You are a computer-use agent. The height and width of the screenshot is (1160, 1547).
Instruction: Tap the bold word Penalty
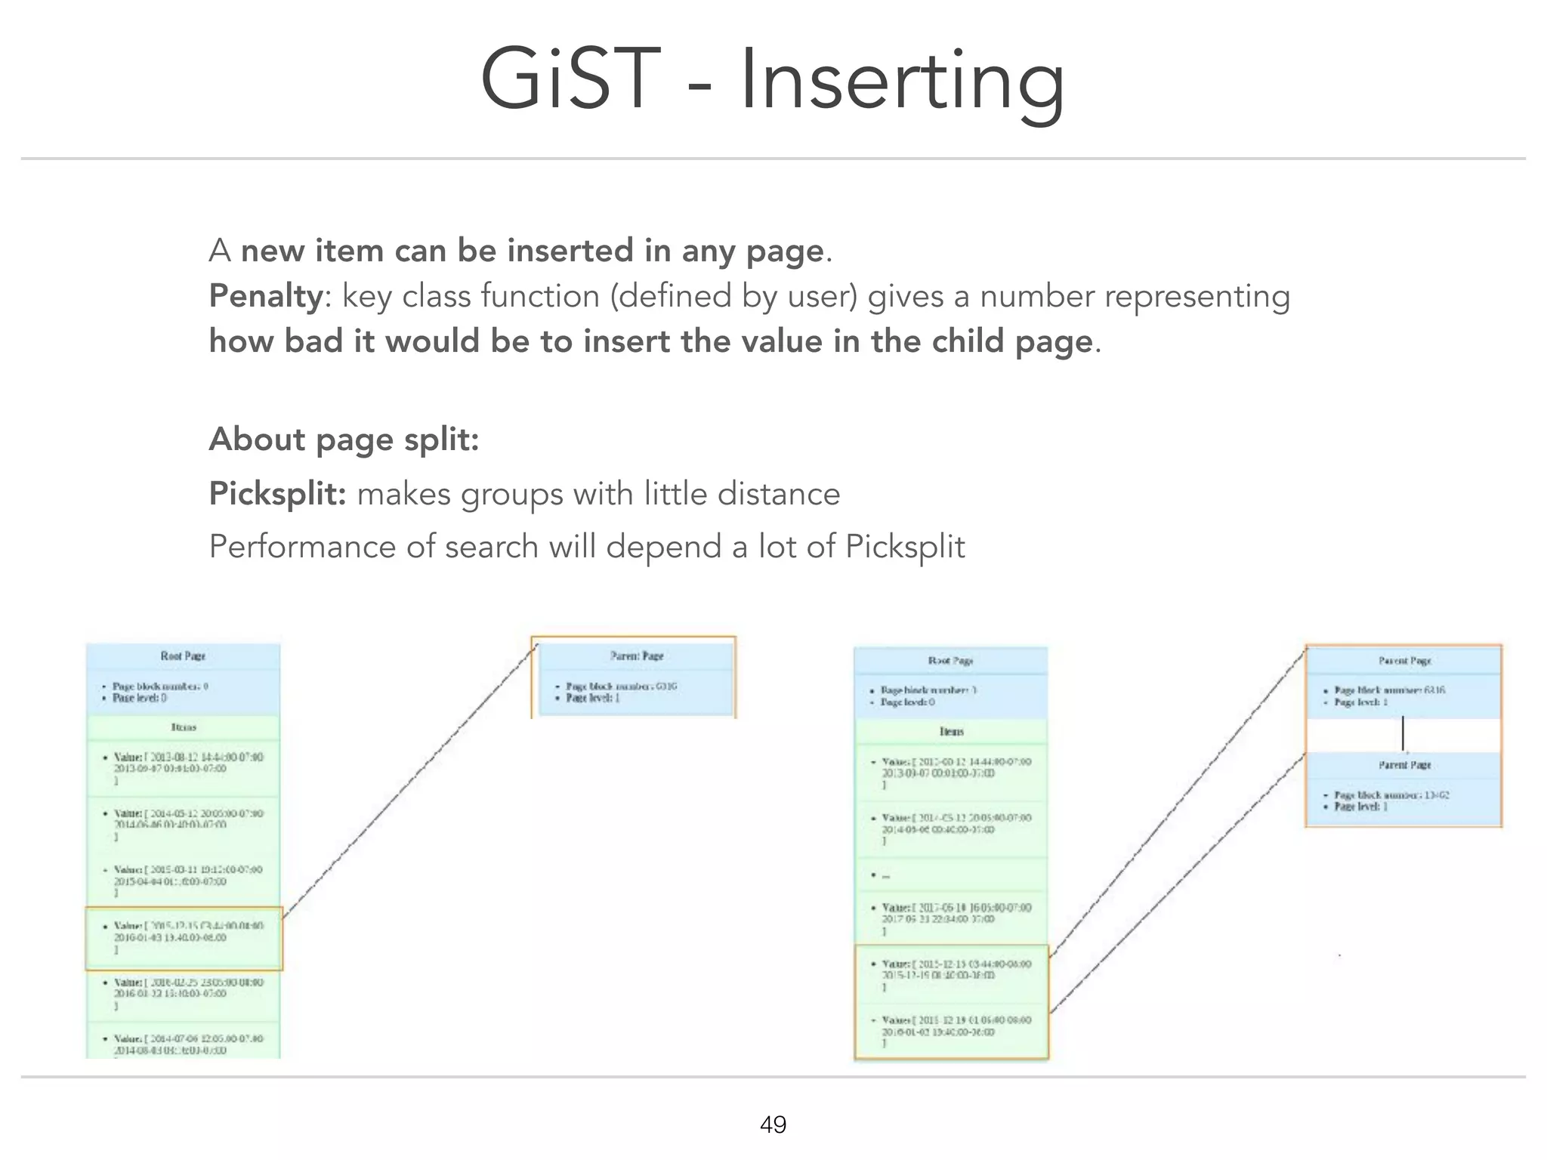point(266,296)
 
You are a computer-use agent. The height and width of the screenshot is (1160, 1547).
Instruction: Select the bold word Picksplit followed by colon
point(277,494)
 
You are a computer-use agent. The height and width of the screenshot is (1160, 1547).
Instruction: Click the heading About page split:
point(344,439)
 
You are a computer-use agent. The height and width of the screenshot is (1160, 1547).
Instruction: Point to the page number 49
point(773,1125)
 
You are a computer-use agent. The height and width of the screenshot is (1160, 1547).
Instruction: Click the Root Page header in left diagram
point(183,656)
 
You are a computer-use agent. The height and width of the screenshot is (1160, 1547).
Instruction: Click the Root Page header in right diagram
point(950,660)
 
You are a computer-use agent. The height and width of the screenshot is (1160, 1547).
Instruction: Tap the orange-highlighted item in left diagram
point(184,938)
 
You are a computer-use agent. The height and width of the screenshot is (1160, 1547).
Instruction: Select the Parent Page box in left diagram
point(633,677)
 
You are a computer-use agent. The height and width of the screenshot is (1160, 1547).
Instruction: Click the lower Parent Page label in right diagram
point(1403,765)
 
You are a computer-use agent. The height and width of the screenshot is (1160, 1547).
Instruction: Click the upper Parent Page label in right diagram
point(1403,661)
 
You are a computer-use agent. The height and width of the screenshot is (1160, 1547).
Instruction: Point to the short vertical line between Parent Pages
point(1403,733)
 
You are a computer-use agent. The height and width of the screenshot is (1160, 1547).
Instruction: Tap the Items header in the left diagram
point(183,727)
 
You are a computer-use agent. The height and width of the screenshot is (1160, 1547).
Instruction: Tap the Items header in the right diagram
point(950,732)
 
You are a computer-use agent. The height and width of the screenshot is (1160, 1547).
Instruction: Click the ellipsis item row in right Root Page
point(950,875)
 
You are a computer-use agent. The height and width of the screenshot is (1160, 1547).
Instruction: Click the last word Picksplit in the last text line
point(905,547)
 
